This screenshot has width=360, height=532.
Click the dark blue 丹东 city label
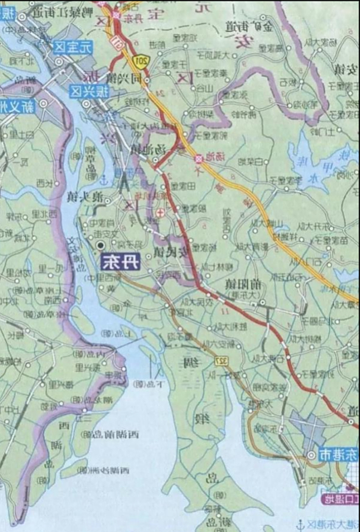coord(120,262)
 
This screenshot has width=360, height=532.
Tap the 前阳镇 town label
coord(243,284)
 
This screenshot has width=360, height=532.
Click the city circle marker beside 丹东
coord(100,245)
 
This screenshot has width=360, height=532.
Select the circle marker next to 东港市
coord(312,455)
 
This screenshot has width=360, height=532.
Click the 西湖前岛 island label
coord(117,433)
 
